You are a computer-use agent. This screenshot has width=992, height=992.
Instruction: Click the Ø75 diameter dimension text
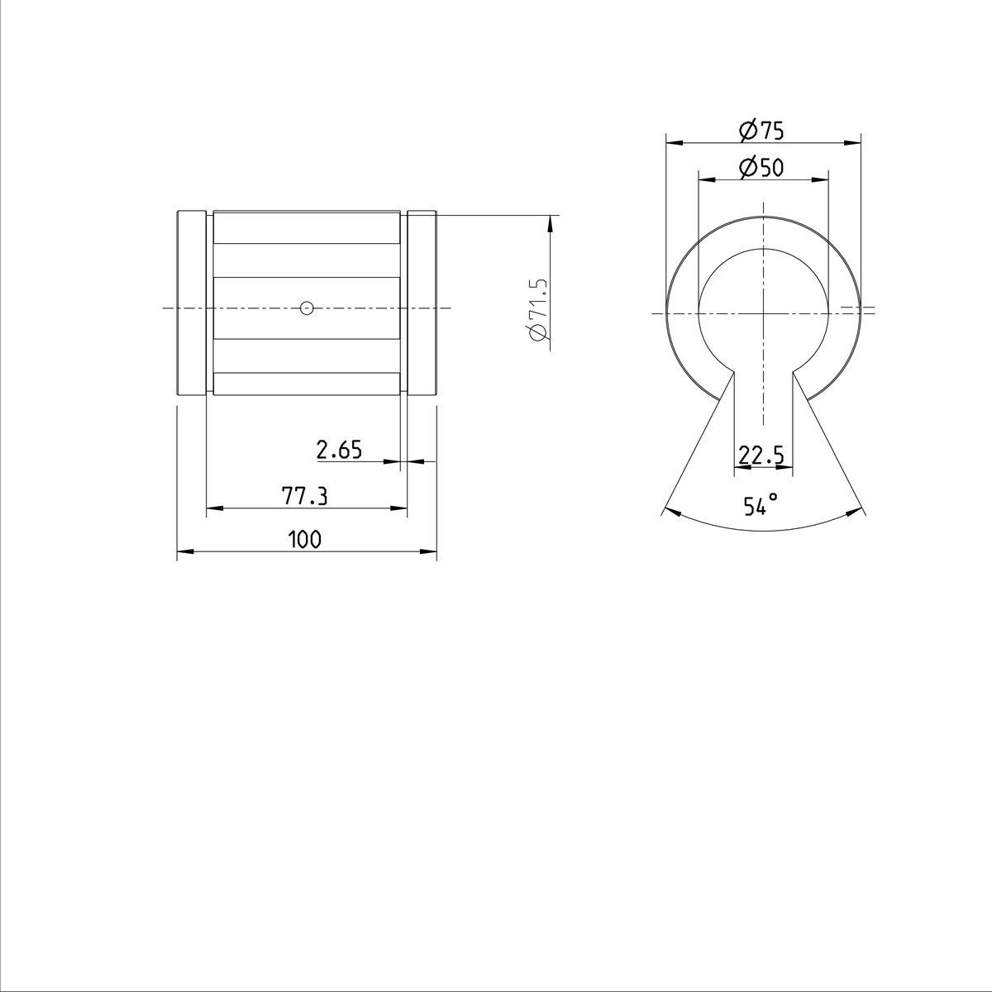tap(761, 131)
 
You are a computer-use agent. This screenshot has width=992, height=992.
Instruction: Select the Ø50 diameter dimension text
tap(761, 168)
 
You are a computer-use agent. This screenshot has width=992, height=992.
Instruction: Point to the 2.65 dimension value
tap(339, 450)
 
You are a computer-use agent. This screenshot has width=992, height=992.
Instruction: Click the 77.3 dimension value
tap(305, 496)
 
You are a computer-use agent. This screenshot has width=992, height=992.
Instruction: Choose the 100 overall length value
tap(304, 540)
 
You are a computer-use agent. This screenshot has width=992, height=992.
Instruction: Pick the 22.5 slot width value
tap(761, 455)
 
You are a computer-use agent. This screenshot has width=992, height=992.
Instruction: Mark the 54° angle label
tap(761, 505)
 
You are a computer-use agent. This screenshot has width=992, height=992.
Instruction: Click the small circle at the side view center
tap(307, 308)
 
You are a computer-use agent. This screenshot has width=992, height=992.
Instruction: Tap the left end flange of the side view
tap(192, 304)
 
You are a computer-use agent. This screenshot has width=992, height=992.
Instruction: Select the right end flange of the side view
tap(422, 304)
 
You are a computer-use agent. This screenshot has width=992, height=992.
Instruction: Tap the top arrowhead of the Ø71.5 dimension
tap(550, 222)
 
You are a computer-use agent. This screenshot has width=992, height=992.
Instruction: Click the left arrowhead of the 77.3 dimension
tap(213, 508)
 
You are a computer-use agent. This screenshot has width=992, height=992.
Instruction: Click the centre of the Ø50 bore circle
tap(763, 312)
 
